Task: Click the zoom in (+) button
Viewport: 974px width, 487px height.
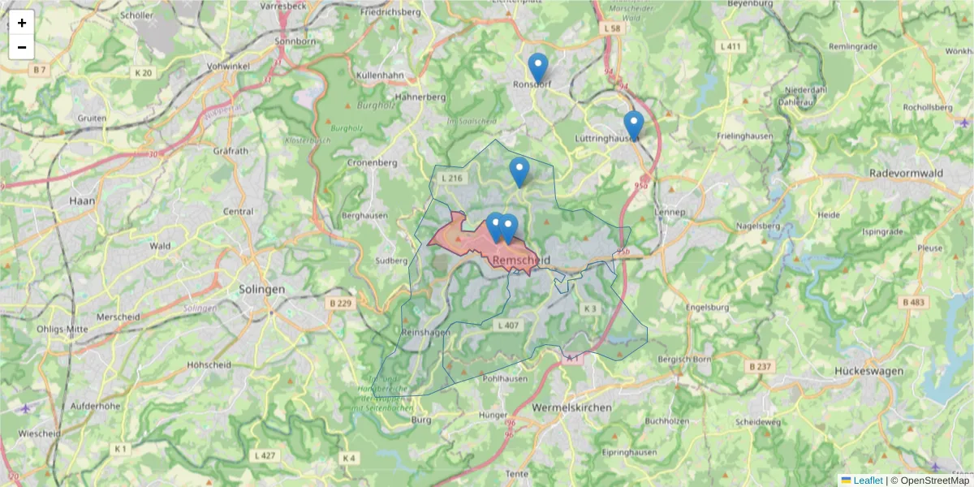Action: point(22,23)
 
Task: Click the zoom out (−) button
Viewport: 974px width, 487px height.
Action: point(22,47)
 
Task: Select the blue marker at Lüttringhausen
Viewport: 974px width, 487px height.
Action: point(634,126)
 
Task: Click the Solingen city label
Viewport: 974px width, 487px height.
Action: point(262,289)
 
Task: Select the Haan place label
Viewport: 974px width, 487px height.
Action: point(82,200)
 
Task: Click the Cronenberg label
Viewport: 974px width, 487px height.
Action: point(373,162)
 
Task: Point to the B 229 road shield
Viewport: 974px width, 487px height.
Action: point(341,303)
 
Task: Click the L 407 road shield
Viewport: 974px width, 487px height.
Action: point(506,325)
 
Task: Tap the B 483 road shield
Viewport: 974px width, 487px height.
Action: point(913,302)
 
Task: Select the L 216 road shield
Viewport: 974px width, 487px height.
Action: point(450,178)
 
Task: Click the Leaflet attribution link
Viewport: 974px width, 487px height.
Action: point(867,481)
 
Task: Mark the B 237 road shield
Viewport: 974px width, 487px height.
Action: point(761,367)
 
